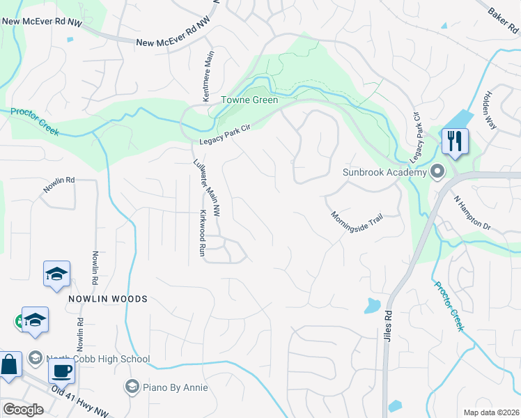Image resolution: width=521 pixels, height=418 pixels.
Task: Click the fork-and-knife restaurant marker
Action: [455, 141]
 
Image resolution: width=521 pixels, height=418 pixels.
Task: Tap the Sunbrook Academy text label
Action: [384, 172]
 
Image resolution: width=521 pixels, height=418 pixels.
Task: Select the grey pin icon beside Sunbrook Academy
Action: [437, 171]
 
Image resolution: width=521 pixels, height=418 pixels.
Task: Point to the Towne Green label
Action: [250, 100]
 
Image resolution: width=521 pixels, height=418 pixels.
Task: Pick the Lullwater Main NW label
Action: [207, 187]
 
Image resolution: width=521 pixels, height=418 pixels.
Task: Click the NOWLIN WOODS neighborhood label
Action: [108, 298]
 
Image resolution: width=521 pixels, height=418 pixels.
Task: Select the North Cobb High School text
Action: [99, 359]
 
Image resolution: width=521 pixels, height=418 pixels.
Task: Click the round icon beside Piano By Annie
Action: [132, 386]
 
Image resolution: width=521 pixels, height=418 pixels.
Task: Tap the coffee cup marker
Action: [62, 371]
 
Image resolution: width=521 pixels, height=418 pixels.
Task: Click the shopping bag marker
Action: [10, 366]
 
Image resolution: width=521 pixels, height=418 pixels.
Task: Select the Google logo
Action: [23, 410]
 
